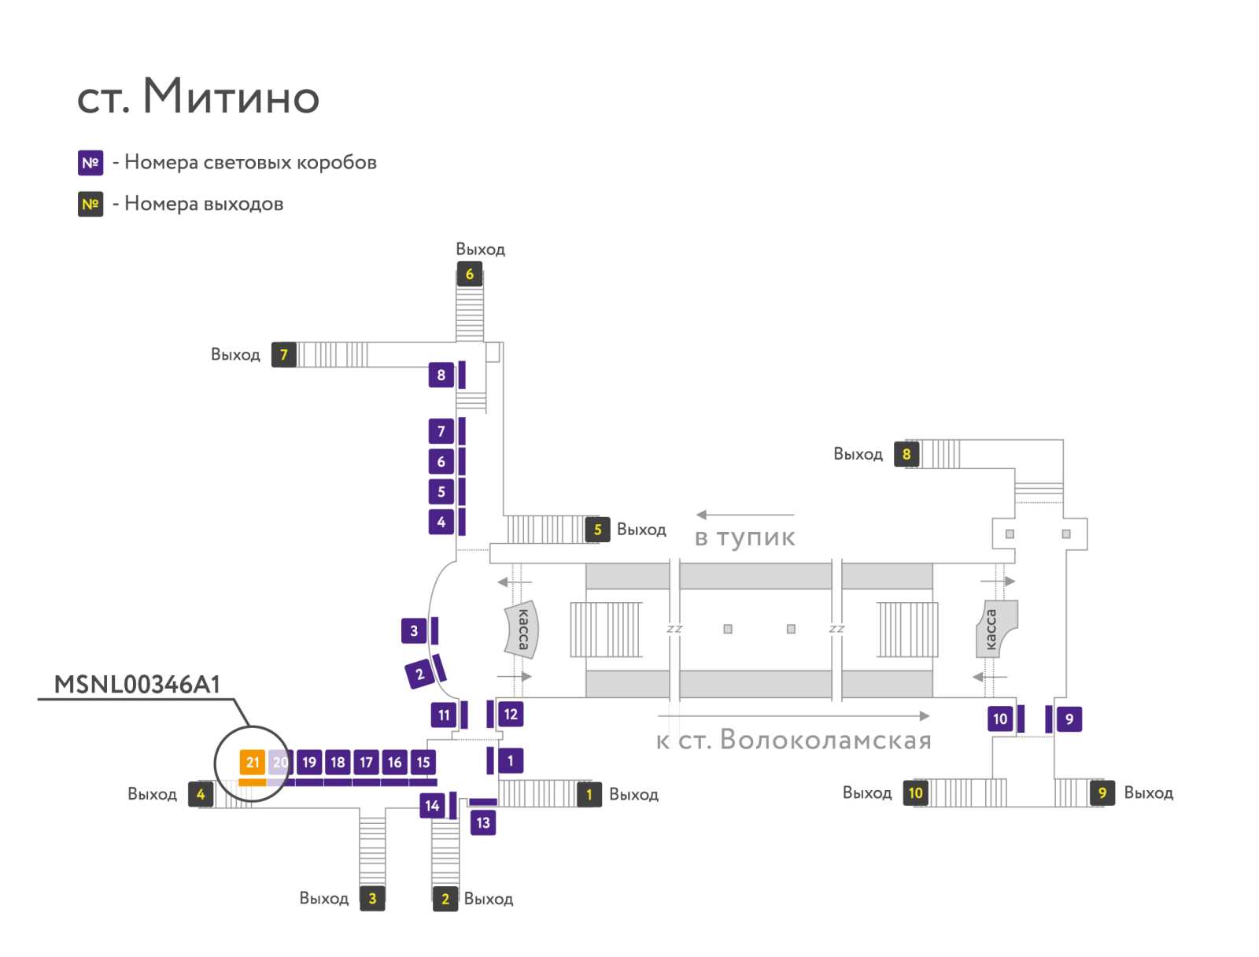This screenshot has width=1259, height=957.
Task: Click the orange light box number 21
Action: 253,762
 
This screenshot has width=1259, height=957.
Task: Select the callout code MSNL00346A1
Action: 137,685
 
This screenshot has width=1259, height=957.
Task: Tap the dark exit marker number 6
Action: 469,274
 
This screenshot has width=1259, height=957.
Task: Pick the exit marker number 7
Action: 284,355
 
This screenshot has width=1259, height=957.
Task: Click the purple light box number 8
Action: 441,375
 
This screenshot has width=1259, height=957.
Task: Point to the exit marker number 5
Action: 597,529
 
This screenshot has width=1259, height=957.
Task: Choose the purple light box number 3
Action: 414,630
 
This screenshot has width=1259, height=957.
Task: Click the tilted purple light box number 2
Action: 419,674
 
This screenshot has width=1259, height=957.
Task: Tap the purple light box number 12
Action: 511,715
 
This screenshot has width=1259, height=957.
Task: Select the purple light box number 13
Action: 483,823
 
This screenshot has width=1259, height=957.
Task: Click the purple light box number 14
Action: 432,806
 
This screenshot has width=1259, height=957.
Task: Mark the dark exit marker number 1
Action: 589,795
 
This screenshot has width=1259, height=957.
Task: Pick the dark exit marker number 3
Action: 372,899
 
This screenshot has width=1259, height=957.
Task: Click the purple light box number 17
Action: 366,762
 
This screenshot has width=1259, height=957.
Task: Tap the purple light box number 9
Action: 1069,719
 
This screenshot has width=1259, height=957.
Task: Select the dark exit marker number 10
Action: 915,793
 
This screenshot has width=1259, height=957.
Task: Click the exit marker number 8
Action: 906,454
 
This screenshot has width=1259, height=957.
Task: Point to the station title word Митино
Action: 231,96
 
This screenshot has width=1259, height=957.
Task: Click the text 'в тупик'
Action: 745,538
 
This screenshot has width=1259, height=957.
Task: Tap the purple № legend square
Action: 90,163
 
